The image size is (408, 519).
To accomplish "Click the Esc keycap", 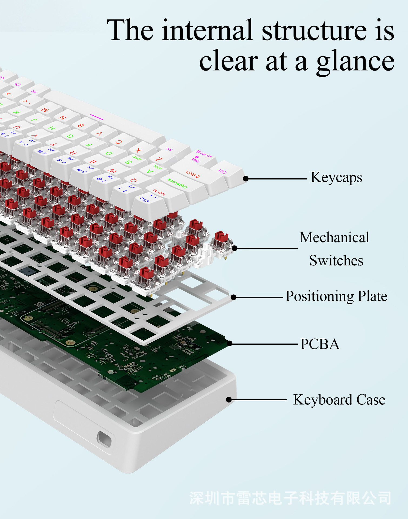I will pyautogui.click(x=149, y=202).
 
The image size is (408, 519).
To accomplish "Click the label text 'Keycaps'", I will pyautogui.click(x=336, y=178).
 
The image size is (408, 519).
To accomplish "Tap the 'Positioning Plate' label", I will pyautogui.click(x=336, y=296).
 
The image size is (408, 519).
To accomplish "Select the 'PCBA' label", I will pyautogui.click(x=320, y=344).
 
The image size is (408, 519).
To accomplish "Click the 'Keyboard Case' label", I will pyautogui.click(x=339, y=400).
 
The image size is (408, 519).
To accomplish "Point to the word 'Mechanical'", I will pyautogui.click(x=334, y=238).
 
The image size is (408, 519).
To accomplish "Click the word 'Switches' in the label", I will pyautogui.click(x=336, y=261).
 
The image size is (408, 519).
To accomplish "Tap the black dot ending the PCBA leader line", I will pyautogui.click(x=230, y=343).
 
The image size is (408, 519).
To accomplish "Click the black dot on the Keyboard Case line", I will pyautogui.click(x=229, y=400).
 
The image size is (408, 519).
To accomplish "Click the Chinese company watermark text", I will pyautogui.click(x=290, y=498).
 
